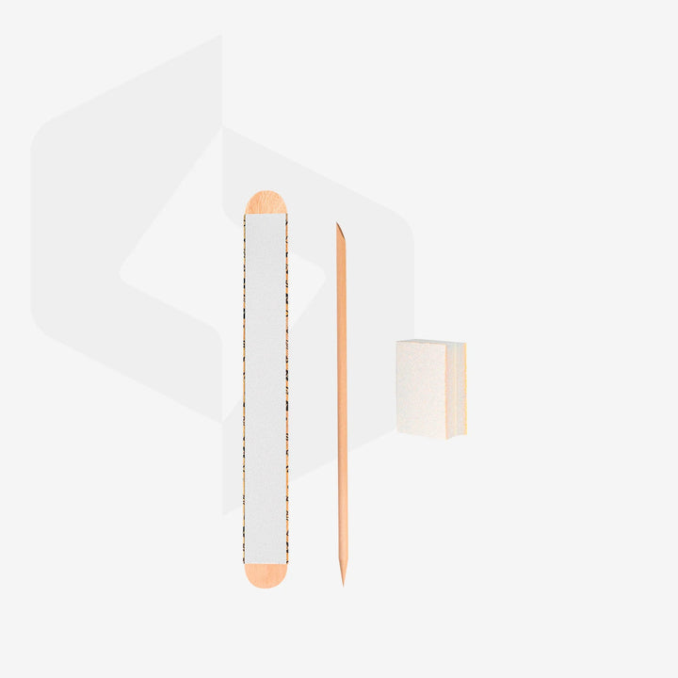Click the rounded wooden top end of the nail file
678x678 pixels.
coord(266,202)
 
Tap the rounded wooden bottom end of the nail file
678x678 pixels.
coord(266,575)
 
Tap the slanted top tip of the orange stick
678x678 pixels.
coord(338,227)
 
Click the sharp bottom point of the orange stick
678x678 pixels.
coord(343,583)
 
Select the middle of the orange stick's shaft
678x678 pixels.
coord(341,405)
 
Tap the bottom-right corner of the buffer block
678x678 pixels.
coord(465,437)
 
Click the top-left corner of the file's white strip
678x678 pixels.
coord(246,215)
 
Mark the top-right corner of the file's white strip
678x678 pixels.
coord(286,215)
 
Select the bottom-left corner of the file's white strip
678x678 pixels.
coord(246,563)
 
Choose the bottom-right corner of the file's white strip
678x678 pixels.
coord(286,563)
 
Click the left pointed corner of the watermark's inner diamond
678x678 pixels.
coord(120,273)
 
